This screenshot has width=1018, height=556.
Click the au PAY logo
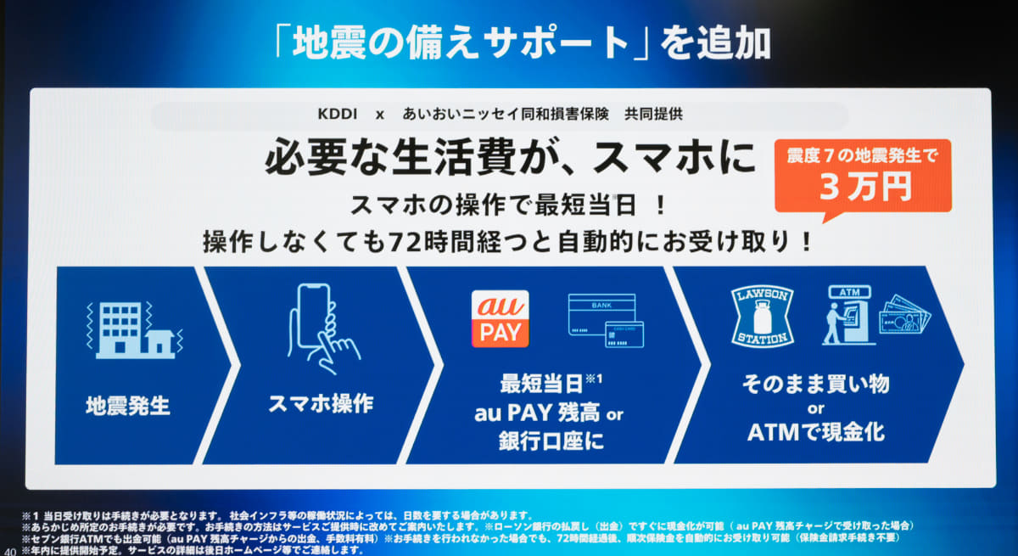[500, 318]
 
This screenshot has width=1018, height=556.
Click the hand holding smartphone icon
[322, 327]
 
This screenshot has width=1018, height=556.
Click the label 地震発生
[127, 405]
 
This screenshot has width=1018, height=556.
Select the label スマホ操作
[321, 403]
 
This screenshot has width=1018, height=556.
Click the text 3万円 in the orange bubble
[864, 187]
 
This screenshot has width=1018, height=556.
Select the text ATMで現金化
[815, 432]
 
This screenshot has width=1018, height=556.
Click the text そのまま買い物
[815, 384]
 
